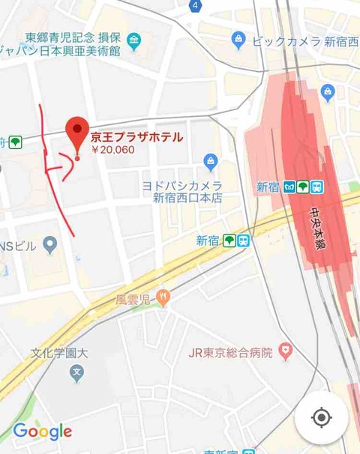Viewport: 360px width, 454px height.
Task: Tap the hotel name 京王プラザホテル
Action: [x=136, y=137]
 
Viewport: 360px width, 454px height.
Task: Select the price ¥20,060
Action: [x=112, y=150]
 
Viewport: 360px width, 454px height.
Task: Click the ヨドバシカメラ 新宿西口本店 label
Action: [x=183, y=192]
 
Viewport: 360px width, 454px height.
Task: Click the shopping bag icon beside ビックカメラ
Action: [x=238, y=39]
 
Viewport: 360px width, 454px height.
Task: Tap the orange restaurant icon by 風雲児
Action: [x=163, y=298]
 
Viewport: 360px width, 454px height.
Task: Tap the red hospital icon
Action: [x=285, y=349]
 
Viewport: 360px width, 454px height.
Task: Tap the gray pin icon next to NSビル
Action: [x=50, y=243]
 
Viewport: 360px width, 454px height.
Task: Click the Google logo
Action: [x=43, y=432]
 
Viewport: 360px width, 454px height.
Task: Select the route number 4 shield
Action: [x=195, y=5]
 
